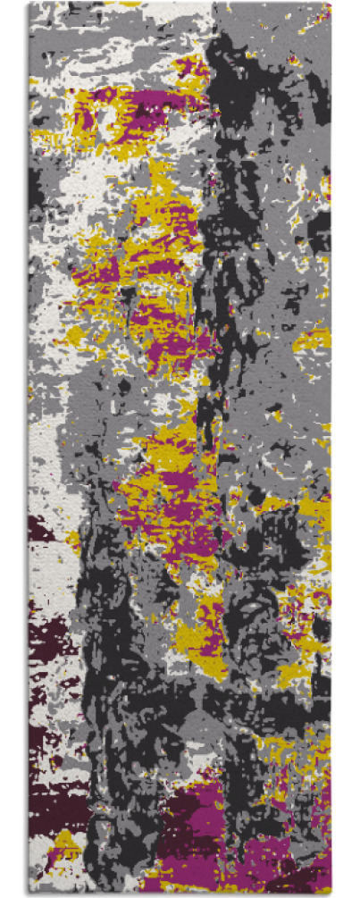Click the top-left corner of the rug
click(29, 3)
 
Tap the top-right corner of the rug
click(330, 3)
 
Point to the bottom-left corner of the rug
click(29, 893)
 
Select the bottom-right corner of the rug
click(330, 893)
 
